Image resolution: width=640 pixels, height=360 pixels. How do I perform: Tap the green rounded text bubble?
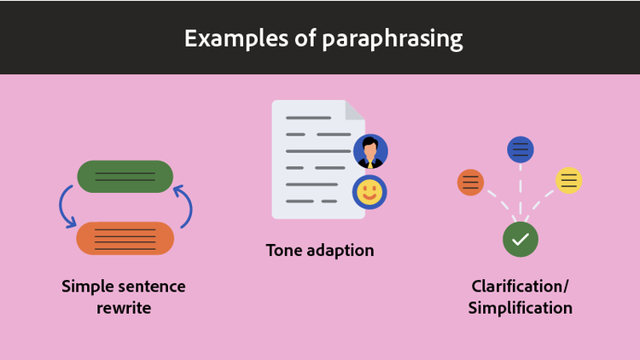[125, 177]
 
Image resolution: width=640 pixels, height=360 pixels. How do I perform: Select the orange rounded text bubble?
[125, 238]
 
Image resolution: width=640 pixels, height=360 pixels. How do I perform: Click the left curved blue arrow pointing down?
[65, 207]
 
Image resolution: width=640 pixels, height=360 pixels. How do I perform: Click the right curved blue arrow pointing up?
[185, 207]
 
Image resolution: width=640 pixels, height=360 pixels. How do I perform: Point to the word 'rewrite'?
[124, 308]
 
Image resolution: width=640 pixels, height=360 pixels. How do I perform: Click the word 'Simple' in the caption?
[88, 286]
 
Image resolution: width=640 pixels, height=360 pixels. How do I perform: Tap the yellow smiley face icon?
[369, 192]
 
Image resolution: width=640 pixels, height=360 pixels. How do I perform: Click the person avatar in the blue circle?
[370, 152]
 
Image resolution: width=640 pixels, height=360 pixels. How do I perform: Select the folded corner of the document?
[355, 110]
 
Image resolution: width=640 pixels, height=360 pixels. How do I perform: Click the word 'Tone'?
[284, 251]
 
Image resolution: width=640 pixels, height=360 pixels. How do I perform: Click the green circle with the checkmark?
[521, 239]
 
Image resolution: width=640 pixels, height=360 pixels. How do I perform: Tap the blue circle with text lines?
[521, 150]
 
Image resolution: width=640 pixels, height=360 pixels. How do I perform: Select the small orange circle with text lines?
[471, 182]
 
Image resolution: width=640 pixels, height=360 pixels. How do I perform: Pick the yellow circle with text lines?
[569, 180]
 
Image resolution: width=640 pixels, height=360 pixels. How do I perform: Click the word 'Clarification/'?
[520, 286]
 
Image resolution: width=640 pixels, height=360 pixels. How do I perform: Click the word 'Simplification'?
[520, 308]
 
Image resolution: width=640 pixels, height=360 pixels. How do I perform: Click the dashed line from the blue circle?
[521, 192]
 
